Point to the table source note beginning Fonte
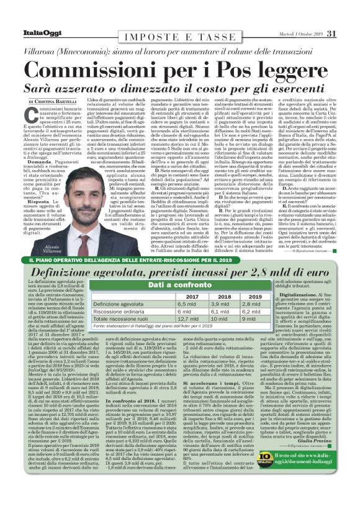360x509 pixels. coord(149,326)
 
